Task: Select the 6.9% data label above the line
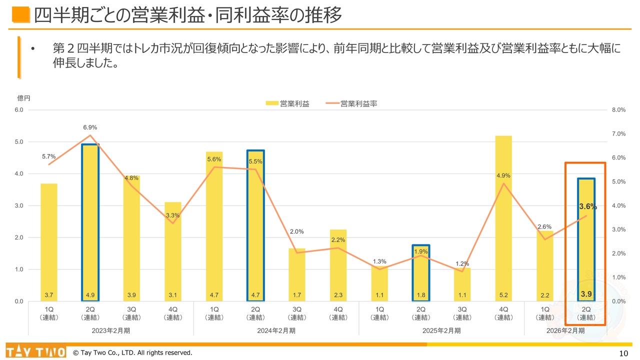(90, 127)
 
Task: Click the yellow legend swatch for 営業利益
(271, 103)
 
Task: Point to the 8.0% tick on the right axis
(618, 110)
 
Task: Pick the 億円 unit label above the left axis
(24, 98)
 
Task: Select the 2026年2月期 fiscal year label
(565, 330)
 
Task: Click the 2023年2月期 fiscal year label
(111, 330)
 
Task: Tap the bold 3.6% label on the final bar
(587, 206)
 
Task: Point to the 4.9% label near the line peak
(503, 175)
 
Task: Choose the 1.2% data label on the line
(462, 263)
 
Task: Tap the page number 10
(623, 353)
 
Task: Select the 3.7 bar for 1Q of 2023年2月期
(49, 240)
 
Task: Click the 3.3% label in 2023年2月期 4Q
(173, 215)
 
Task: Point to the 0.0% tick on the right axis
(618, 301)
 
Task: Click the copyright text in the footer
(132, 353)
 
